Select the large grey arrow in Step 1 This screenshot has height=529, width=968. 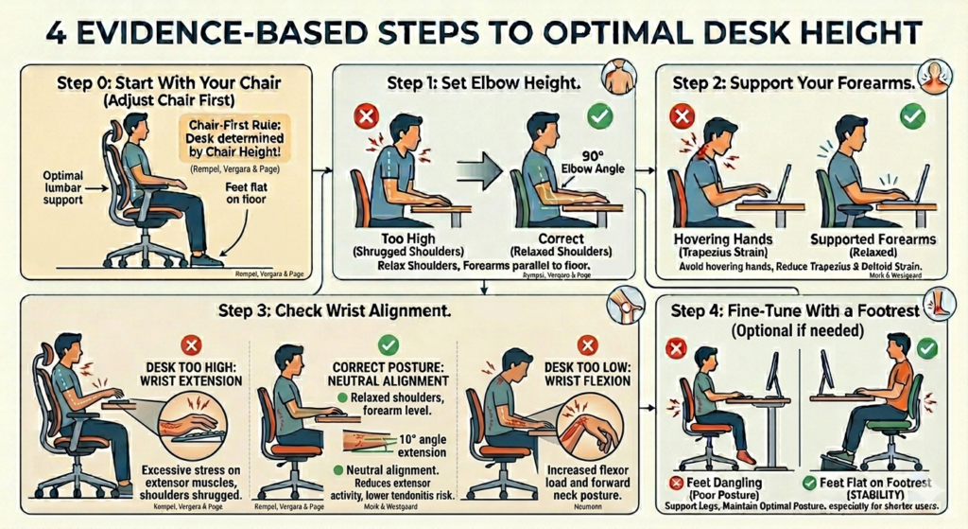click(x=481, y=172)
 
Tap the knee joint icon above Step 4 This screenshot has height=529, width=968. click(x=622, y=304)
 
